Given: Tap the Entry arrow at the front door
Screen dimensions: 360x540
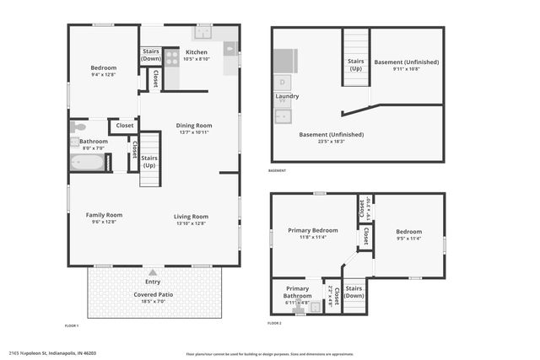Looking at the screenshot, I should click(153, 273).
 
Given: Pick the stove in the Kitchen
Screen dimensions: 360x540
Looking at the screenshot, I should click(171, 58).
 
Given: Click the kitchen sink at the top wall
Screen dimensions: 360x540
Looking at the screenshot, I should click(203, 33).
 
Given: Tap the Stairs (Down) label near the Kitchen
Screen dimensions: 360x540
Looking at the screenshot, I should click(151, 56).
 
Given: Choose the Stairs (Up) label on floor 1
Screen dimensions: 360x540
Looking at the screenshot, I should click(149, 161).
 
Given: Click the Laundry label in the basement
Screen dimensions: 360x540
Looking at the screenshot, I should click(287, 96).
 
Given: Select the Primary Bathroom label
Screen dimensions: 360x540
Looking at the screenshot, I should click(297, 292).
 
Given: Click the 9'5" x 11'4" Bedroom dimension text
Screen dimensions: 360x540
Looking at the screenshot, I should click(408, 239).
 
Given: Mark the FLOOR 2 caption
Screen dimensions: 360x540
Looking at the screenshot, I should click(275, 323).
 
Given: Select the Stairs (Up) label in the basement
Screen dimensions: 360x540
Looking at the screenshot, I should click(356, 64).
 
